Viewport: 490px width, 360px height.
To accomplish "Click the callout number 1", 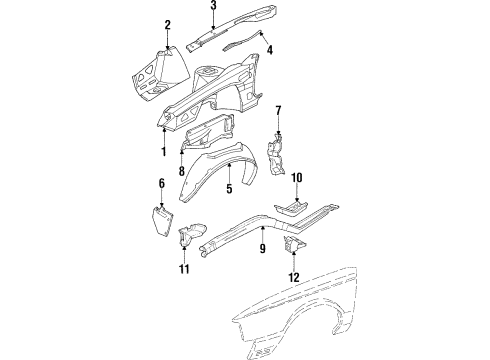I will click(x=163, y=151).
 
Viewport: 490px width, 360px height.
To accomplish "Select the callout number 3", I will click(x=213, y=6).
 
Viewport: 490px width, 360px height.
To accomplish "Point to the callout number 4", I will click(x=268, y=49).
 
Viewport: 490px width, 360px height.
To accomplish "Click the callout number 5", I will click(x=229, y=187).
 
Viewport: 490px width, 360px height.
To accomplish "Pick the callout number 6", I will click(x=160, y=183).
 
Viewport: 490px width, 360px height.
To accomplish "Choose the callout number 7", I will click(x=279, y=110).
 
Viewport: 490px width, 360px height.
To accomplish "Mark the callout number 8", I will click(x=181, y=171).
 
